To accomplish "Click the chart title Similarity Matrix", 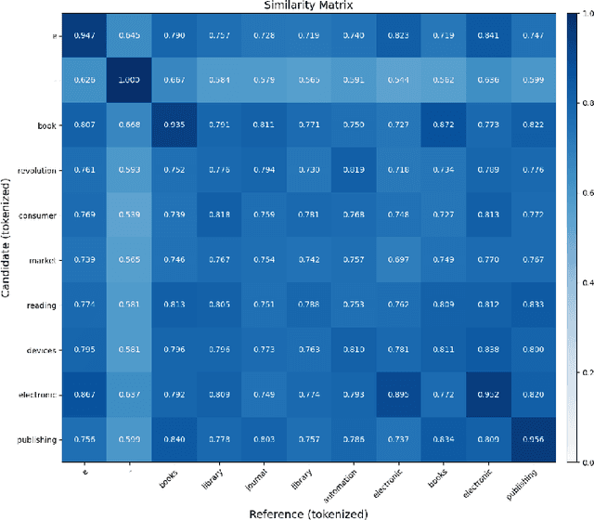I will click(298, 6).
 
